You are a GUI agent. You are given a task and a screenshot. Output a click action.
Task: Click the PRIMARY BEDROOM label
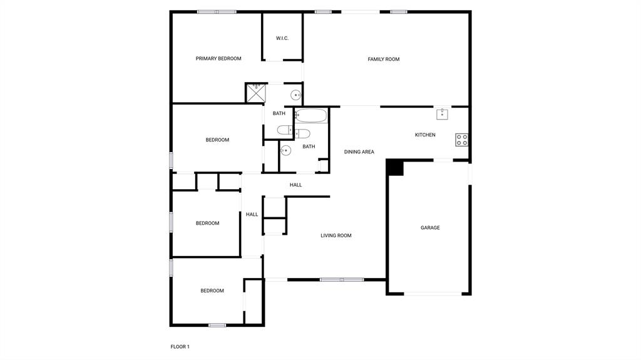[x=218, y=59]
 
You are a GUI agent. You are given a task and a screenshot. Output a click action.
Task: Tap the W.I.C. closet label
[x=282, y=38]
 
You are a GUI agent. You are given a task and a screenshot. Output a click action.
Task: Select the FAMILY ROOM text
[x=383, y=59]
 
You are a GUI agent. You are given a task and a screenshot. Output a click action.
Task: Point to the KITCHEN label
[x=425, y=135]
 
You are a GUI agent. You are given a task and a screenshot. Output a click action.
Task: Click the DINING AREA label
[x=359, y=152]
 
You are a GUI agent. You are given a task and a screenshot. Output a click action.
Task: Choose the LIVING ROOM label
[x=336, y=236]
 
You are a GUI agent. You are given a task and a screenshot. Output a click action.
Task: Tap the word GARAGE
[x=430, y=228]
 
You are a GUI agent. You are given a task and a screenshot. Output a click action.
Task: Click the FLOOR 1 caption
[x=180, y=347]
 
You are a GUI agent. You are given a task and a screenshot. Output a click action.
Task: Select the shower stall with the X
[x=255, y=93]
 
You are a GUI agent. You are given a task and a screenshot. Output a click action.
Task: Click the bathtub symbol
[x=311, y=116]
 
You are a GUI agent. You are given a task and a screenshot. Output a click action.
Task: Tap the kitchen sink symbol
[x=443, y=114]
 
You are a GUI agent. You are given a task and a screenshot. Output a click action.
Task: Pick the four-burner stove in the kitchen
[x=462, y=140]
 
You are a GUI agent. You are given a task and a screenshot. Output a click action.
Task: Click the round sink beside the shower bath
[x=295, y=95]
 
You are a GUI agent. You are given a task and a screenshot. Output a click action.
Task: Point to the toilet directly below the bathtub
[x=301, y=133]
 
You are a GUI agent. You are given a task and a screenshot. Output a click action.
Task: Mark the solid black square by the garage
[x=395, y=167]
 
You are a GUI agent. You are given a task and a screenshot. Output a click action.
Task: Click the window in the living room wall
[x=342, y=279]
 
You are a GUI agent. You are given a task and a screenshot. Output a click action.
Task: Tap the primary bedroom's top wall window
[x=217, y=11]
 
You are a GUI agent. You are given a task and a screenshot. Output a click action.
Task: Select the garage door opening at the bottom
[x=433, y=294]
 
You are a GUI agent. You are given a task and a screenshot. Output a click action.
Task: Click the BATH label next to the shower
[x=279, y=114]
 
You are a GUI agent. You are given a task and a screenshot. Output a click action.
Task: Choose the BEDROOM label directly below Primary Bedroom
[x=217, y=140]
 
